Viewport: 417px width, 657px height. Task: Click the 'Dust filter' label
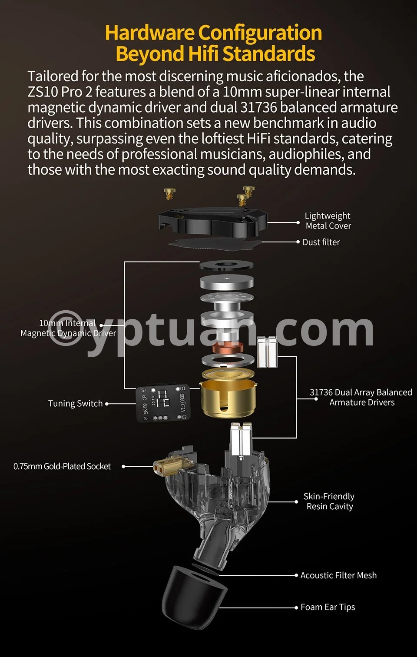(321, 242)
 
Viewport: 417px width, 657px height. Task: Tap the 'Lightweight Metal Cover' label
(328, 221)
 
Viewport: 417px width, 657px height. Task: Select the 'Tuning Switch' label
(76, 404)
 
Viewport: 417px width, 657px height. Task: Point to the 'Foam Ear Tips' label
(328, 607)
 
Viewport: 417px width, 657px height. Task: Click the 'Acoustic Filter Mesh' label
(338, 575)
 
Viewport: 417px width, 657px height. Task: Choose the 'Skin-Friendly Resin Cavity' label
(329, 501)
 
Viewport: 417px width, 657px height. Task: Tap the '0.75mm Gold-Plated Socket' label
(62, 466)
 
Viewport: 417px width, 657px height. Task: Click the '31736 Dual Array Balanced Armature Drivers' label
(361, 397)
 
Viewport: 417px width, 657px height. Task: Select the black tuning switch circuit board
(163, 403)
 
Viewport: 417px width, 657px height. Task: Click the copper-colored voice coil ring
(228, 348)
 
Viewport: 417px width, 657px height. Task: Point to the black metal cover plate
(212, 222)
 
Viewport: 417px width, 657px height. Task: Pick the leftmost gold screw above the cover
(169, 194)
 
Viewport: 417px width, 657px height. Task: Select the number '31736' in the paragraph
(258, 107)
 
